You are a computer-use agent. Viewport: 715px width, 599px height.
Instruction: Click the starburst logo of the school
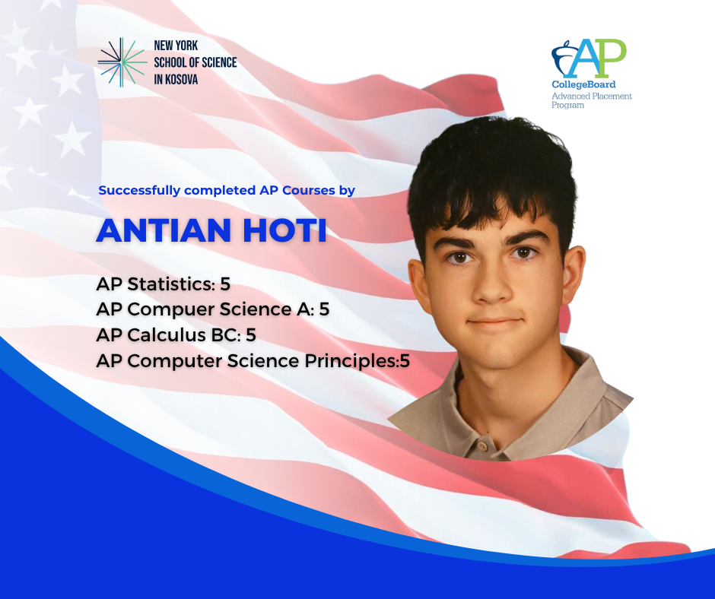pos(122,62)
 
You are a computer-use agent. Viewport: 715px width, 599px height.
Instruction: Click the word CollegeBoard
pos(583,84)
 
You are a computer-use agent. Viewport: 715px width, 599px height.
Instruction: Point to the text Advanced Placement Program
pos(592,100)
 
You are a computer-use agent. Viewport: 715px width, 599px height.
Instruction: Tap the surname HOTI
pos(284,230)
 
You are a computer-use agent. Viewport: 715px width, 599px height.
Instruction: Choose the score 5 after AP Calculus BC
pos(251,335)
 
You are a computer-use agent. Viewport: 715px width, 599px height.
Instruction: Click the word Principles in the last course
pos(350,362)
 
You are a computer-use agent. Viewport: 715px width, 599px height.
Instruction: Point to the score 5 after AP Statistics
pos(225,284)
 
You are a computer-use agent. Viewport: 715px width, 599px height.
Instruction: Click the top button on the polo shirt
pos(483,444)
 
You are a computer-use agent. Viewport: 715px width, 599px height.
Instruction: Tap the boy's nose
pos(491,285)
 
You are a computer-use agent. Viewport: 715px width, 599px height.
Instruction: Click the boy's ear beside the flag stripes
pos(574,274)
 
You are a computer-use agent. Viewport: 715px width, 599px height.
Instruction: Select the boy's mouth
pos(494,321)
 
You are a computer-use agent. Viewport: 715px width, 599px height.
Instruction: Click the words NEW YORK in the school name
pos(176,46)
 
